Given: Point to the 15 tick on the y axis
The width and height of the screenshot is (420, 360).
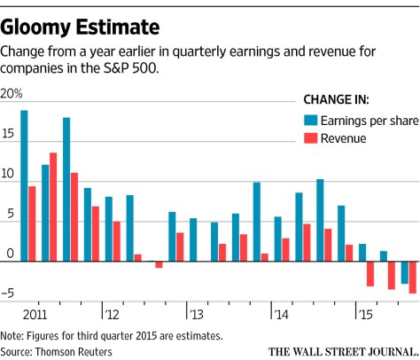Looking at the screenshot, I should point(8,135).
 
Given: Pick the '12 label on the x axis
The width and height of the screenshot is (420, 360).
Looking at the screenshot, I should point(113,314).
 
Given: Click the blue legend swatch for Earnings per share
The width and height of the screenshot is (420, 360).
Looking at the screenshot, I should point(311,120).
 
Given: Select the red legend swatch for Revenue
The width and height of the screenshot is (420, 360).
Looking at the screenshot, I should point(311,138).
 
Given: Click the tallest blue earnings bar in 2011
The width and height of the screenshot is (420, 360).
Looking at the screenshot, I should point(24,186).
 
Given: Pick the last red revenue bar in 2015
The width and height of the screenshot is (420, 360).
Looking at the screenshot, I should point(413,278).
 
